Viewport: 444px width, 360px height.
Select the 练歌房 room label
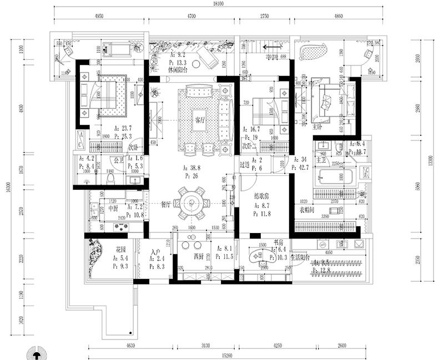coord(261,196)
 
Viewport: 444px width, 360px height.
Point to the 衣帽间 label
coord(309,210)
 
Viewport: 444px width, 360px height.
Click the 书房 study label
coord(279,242)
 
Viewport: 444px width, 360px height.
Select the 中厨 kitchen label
coord(113,208)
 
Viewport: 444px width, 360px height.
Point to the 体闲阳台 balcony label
coord(178,71)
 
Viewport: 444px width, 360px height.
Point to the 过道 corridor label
coord(244,164)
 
